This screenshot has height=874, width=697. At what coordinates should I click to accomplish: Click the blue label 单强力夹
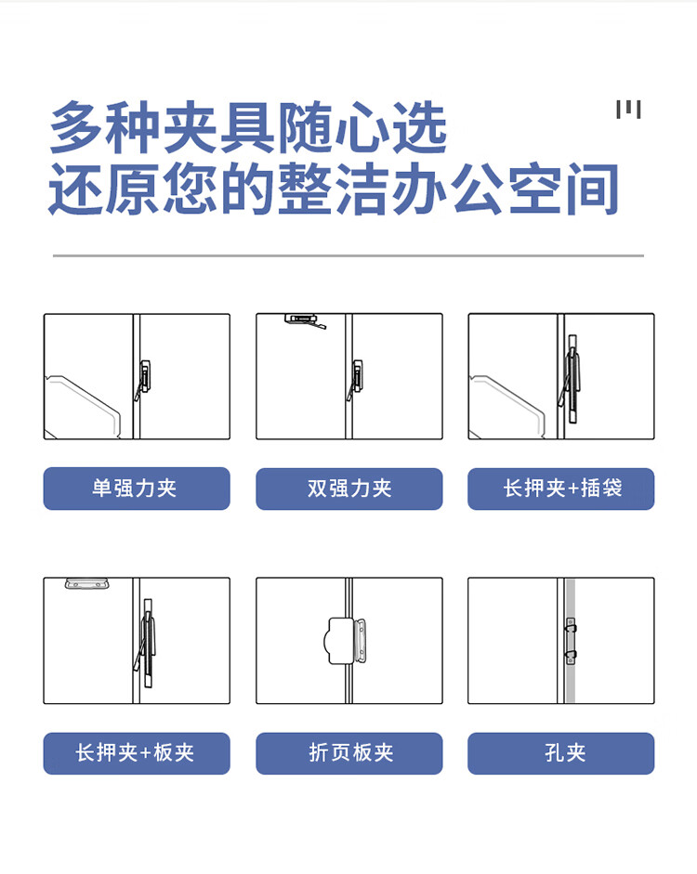(137, 489)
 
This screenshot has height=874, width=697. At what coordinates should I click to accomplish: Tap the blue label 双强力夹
(349, 489)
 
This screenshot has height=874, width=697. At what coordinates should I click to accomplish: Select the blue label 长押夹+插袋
(561, 489)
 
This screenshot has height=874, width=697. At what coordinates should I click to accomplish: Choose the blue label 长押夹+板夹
(137, 753)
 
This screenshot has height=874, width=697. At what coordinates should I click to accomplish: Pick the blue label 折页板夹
(349, 753)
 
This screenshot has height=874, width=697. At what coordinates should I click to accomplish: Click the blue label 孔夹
(561, 753)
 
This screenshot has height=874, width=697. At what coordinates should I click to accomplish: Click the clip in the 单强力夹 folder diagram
(143, 379)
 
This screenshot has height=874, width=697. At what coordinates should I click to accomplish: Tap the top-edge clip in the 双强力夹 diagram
(304, 320)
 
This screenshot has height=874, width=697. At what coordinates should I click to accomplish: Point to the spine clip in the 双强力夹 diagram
(356, 379)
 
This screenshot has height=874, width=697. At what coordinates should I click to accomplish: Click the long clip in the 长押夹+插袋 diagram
(572, 379)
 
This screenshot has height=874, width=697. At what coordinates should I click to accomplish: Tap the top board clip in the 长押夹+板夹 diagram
(87, 583)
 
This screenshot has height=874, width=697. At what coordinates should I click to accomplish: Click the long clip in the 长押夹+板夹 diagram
(147, 643)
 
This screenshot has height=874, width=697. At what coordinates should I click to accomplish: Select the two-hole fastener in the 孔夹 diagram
(570, 641)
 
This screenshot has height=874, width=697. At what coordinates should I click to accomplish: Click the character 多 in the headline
(77, 127)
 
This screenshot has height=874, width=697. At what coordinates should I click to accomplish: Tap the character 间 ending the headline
(592, 189)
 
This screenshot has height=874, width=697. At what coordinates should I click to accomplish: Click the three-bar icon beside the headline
(628, 110)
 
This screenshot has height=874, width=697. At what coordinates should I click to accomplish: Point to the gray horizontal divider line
(348, 255)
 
